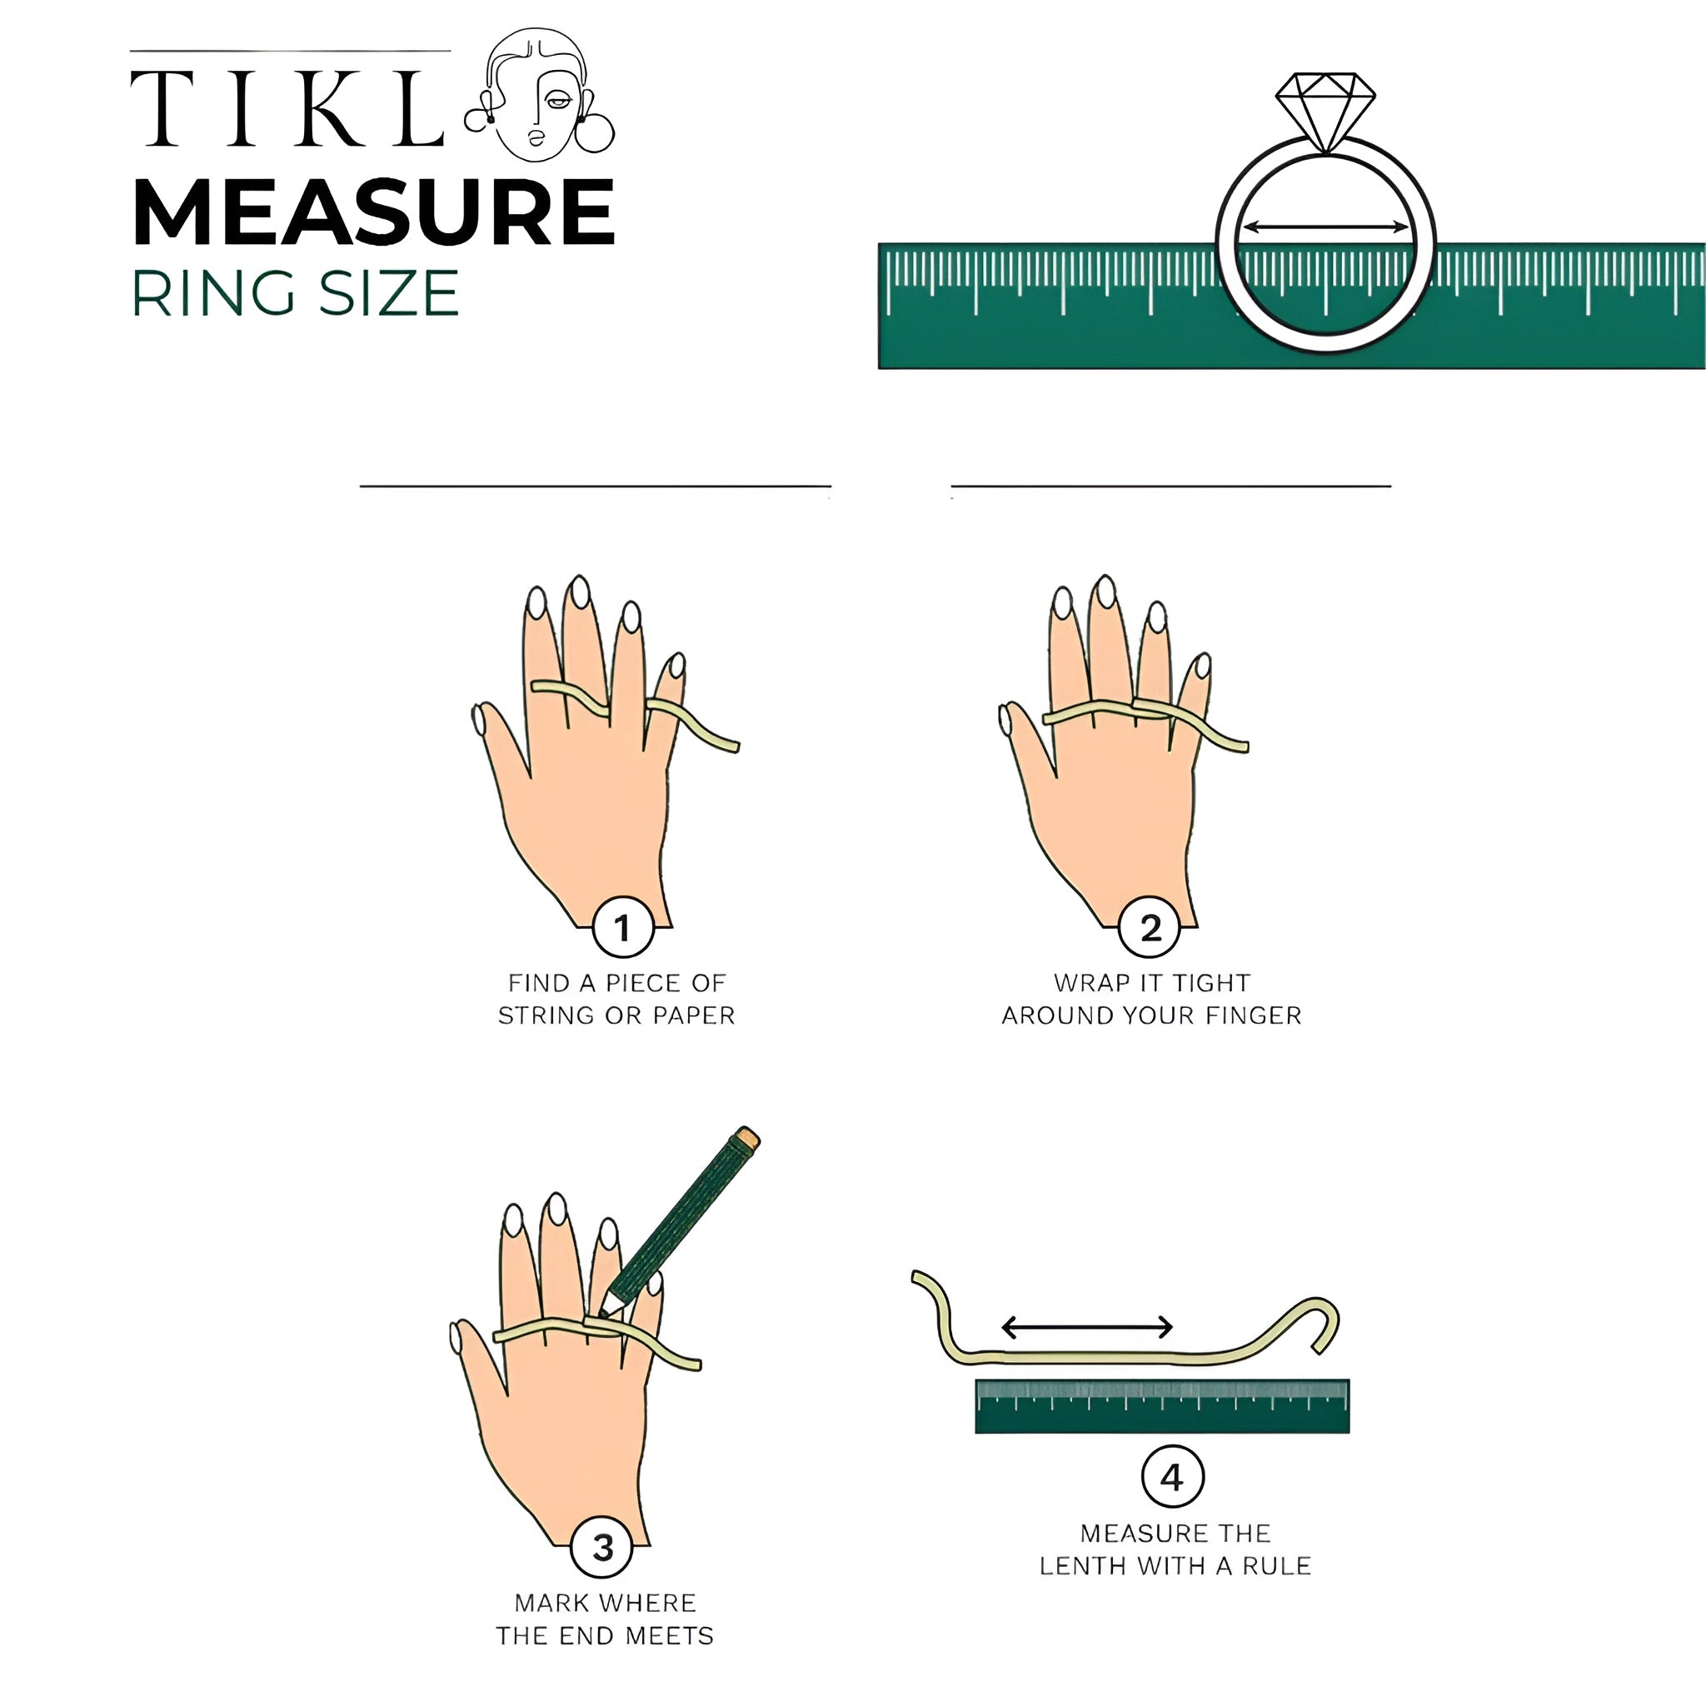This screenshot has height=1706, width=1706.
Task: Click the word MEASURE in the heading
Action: tap(373, 212)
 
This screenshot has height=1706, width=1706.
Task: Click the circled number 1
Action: tap(622, 927)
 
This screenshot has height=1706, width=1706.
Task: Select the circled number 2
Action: tap(1150, 927)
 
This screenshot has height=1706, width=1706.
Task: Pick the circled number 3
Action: tap(602, 1546)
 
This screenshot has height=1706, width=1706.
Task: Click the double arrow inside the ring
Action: tap(1325, 227)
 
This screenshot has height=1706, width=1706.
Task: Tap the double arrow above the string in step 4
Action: tap(1087, 1326)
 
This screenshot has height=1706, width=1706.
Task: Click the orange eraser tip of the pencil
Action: tap(748, 1137)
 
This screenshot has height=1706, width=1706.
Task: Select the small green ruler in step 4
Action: tap(1162, 1406)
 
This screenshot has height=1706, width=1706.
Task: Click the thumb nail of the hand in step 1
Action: tap(480, 720)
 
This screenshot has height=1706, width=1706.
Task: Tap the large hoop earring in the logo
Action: tap(594, 132)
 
